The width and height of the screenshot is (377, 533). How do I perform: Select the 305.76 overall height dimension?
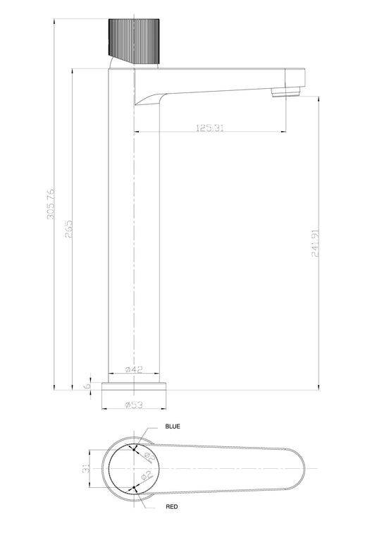coord(50,204)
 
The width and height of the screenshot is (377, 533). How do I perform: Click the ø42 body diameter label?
coord(134,369)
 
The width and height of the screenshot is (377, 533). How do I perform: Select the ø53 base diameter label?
coord(134,405)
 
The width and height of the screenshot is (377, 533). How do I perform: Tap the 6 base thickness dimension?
coord(87,386)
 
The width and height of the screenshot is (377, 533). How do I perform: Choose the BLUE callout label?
coord(173,427)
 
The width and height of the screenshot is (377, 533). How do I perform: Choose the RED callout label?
coord(172,507)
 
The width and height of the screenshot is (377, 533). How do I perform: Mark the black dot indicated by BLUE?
coord(134,449)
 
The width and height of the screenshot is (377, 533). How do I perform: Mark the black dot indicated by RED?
coord(134,489)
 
